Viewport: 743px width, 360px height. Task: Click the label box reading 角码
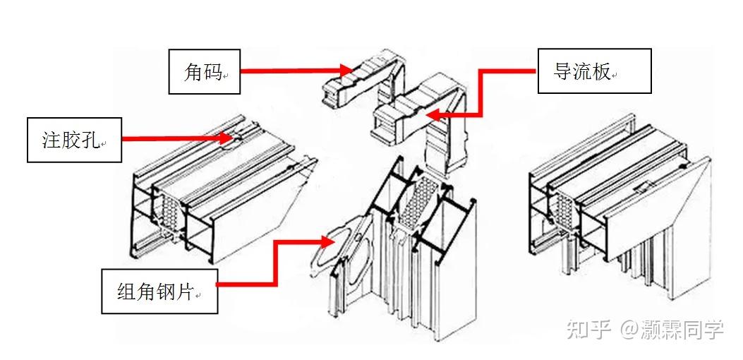click(204, 71)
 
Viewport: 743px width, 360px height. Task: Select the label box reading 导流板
click(594, 71)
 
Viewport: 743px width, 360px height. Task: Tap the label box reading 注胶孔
click(74, 140)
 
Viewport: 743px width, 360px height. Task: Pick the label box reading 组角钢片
click(159, 291)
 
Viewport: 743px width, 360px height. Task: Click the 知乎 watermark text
click(589, 329)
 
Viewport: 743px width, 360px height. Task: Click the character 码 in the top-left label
click(213, 71)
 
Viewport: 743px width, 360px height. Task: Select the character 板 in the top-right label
click(603, 71)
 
